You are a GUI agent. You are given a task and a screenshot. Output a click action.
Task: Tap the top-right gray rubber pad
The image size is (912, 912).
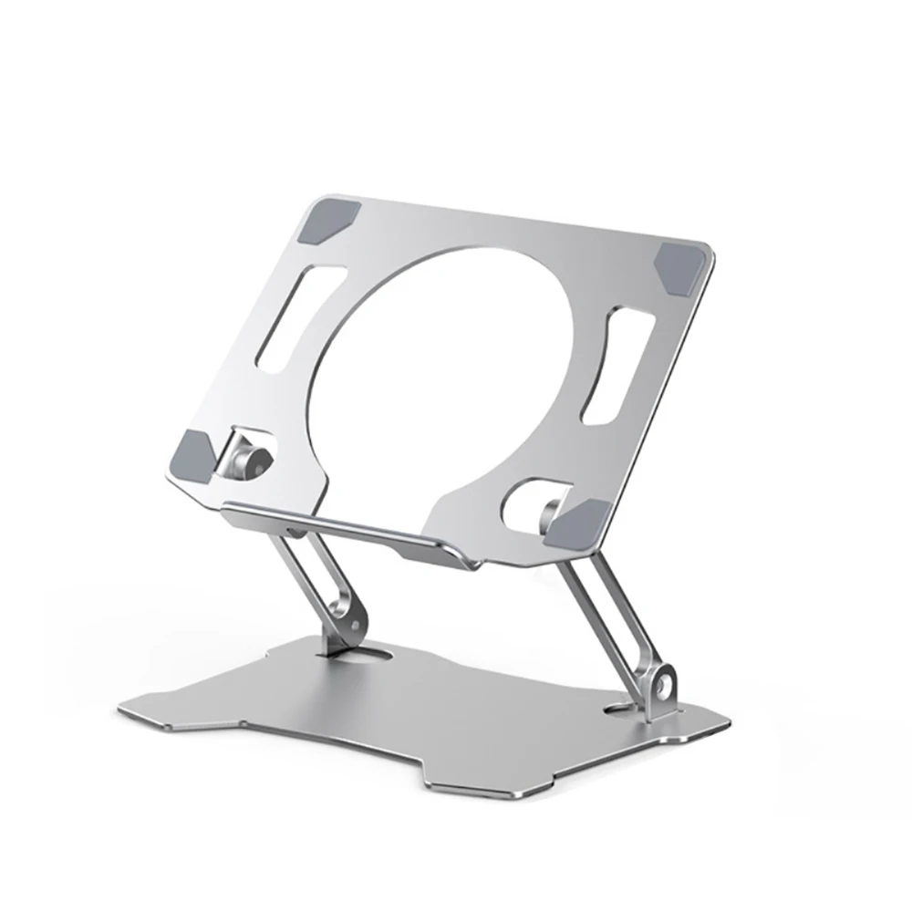(681, 266)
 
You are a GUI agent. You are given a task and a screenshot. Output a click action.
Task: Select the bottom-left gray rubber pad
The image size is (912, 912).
(194, 450)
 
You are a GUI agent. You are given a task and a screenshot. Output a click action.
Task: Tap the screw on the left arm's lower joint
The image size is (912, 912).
(347, 623)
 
